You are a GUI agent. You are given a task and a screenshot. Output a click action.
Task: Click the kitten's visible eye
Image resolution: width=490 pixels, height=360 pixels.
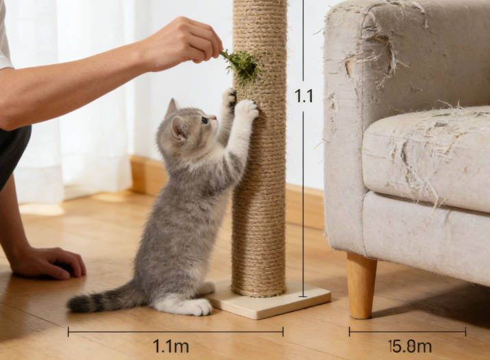coord(204,120)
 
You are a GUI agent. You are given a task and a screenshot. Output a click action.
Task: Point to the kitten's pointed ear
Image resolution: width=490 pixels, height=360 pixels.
coord(171,108)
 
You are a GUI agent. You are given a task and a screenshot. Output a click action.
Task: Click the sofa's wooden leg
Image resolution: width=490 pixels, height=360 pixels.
coord(361,285)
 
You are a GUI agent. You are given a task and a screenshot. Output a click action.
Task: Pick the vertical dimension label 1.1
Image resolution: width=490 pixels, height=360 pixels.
coord(304,96)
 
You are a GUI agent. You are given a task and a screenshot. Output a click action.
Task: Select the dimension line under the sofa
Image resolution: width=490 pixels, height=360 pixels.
coord(407,331)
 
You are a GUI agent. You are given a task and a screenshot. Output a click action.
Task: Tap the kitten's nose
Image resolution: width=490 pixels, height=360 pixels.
coord(213,119)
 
